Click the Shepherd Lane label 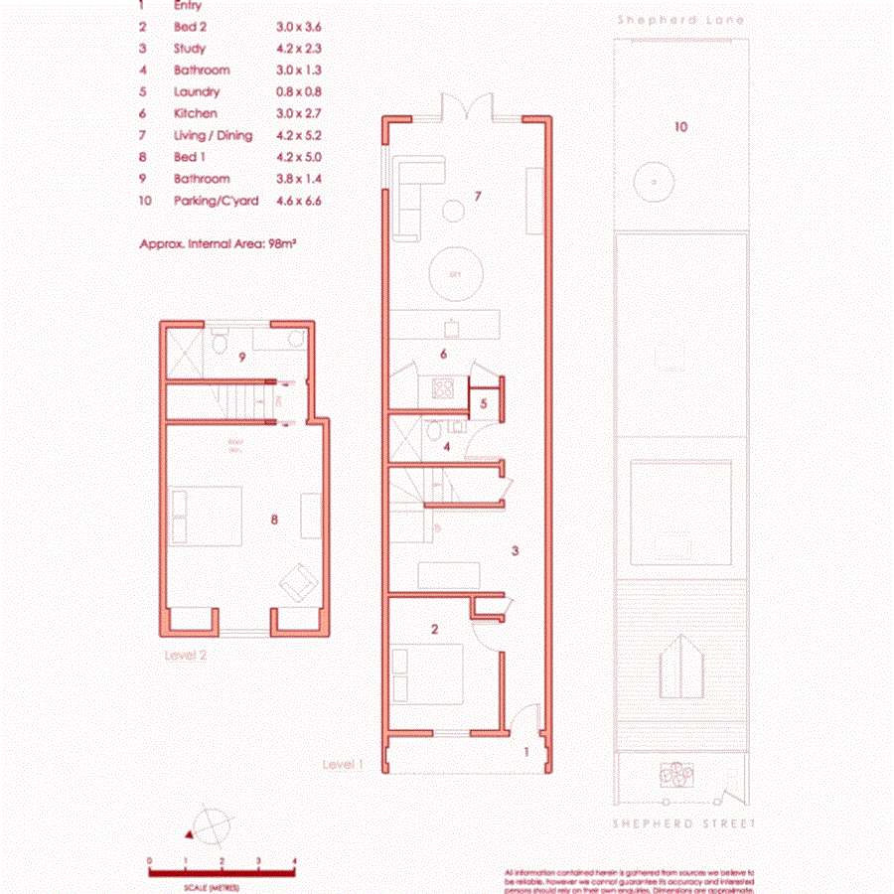[x=679, y=20]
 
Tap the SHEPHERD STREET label [x=683, y=823]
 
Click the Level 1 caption [x=344, y=764]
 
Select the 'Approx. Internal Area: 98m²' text [x=219, y=241]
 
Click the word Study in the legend [x=190, y=48]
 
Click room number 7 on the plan [x=477, y=197]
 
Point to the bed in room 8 [x=207, y=516]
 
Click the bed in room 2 [x=428, y=673]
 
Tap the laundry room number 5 [x=483, y=403]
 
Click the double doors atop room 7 [x=465, y=105]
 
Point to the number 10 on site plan [x=680, y=127]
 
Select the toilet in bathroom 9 [x=221, y=343]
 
